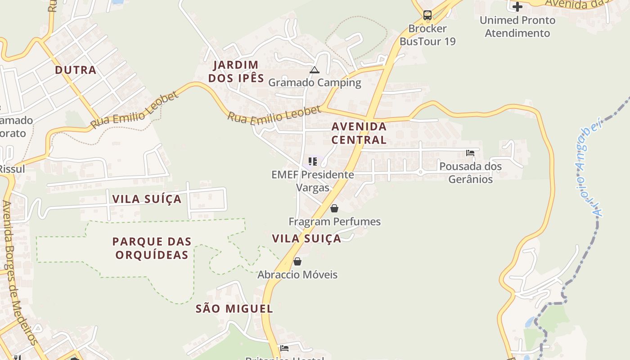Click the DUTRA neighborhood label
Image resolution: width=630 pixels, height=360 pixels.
76,70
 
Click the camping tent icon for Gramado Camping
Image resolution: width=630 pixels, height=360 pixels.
314,70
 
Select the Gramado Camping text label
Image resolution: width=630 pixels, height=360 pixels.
315,82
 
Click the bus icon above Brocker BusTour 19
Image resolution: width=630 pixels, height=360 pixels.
427,15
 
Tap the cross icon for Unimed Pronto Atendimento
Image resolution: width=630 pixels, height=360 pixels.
517,7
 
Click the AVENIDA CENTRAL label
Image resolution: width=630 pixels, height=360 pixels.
359,133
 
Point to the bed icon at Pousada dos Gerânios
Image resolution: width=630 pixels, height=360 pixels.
470,153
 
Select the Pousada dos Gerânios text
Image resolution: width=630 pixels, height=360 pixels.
470,172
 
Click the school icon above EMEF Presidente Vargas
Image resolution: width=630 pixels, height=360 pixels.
313,161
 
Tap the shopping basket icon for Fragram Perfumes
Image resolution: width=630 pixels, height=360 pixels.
334,208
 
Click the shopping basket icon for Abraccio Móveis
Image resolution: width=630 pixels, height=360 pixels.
297,261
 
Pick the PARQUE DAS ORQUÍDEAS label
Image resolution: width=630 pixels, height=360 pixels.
152,248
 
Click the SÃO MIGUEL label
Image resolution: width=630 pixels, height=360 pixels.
234,309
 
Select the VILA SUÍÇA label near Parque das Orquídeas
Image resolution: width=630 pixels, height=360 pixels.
147,199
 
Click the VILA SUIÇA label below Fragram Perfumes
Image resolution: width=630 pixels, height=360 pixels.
306,238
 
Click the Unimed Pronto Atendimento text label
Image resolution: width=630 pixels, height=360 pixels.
517,27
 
